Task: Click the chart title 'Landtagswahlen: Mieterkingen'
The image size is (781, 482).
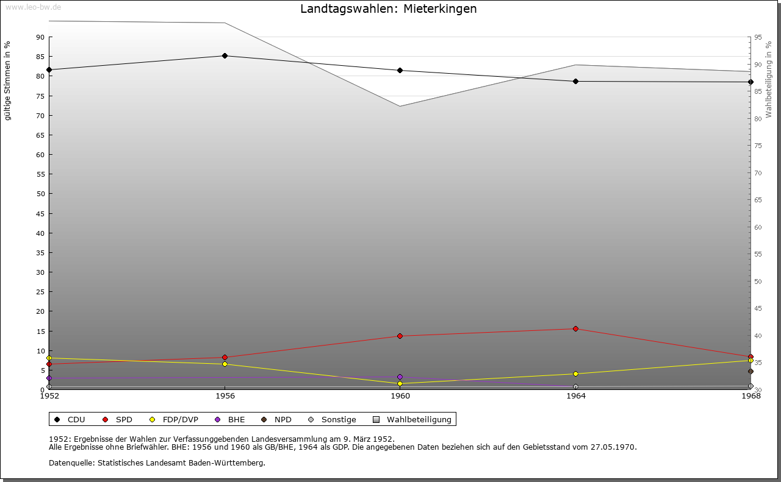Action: click(x=389, y=9)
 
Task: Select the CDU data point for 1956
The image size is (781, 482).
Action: click(x=225, y=56)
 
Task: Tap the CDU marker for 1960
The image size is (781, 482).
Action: click(x=400, y=71)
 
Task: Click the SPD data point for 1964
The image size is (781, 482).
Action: click(x=575, y=329)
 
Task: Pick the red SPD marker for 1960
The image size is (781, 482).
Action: click(x=400, y=336)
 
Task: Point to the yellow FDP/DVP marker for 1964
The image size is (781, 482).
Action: click(x=575, y=374)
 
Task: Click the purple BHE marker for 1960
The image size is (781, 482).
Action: click(x=400, y=377)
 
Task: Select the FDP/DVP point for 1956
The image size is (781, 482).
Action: click(x=225, y=364)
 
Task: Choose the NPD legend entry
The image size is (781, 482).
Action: click(x=277, y=420)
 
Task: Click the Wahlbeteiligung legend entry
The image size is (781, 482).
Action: click(x=413, y=420)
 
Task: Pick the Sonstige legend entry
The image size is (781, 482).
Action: click(x=333, y=420)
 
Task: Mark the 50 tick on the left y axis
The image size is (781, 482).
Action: click(x=40, y=194)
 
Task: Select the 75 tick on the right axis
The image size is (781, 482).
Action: click(x=758, y=146)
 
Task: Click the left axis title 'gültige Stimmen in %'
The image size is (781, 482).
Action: click(x=8, y=81)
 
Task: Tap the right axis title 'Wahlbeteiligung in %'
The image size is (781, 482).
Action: click(x=769, y=80)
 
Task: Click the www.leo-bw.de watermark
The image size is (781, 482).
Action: click(x=33, y=7)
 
